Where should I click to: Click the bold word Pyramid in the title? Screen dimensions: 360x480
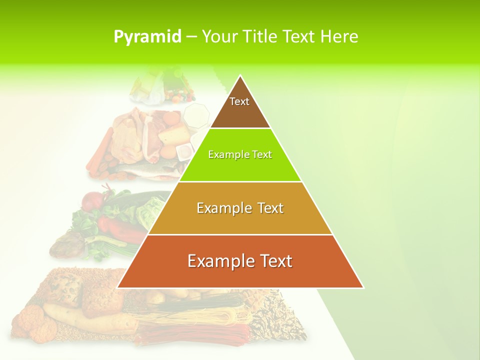coord(147,37)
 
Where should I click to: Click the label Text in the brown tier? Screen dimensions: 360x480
coord(239,101)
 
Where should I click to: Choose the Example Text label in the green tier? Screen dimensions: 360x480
coord(240,154)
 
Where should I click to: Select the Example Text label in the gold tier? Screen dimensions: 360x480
coord(240,208)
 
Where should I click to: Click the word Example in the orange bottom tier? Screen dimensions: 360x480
coord(219,261)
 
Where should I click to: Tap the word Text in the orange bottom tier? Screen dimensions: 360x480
coord(274,261)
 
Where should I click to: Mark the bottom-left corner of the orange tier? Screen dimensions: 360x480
coord(117,287)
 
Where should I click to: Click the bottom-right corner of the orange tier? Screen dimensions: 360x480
coord(363,287)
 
